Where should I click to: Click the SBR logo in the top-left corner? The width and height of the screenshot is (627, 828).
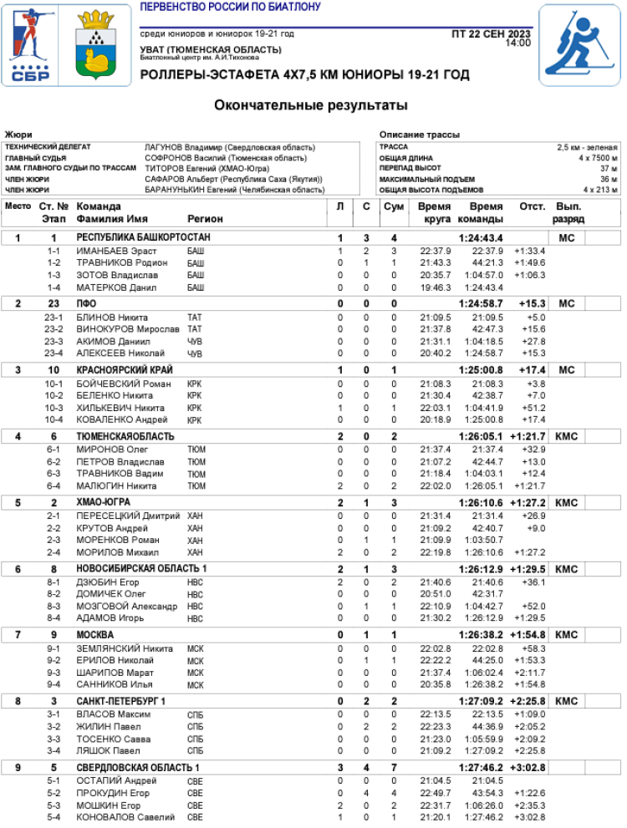tap(31, 47)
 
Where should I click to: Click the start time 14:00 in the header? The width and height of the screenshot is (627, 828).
tap(517, 43)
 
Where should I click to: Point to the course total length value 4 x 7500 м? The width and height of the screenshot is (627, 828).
tap(598, 158)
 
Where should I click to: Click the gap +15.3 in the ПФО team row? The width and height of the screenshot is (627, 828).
tap(532, 303)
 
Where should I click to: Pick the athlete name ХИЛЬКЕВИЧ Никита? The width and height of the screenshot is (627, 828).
tap(116, 408)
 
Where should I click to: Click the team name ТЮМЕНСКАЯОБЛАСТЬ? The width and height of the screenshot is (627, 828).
tap(125, 436)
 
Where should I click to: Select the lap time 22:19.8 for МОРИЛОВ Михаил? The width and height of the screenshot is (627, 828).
tap(435, 552)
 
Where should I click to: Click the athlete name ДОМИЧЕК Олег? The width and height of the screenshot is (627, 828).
tap(110, 594)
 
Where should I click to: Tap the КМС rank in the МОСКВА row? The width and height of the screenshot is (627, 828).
tap(566, 635)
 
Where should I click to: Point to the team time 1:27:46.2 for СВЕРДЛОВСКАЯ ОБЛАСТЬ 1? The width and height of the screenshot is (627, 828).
tap(480, 767)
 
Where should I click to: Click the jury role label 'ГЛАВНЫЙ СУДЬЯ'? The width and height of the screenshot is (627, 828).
tap(32, 158)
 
